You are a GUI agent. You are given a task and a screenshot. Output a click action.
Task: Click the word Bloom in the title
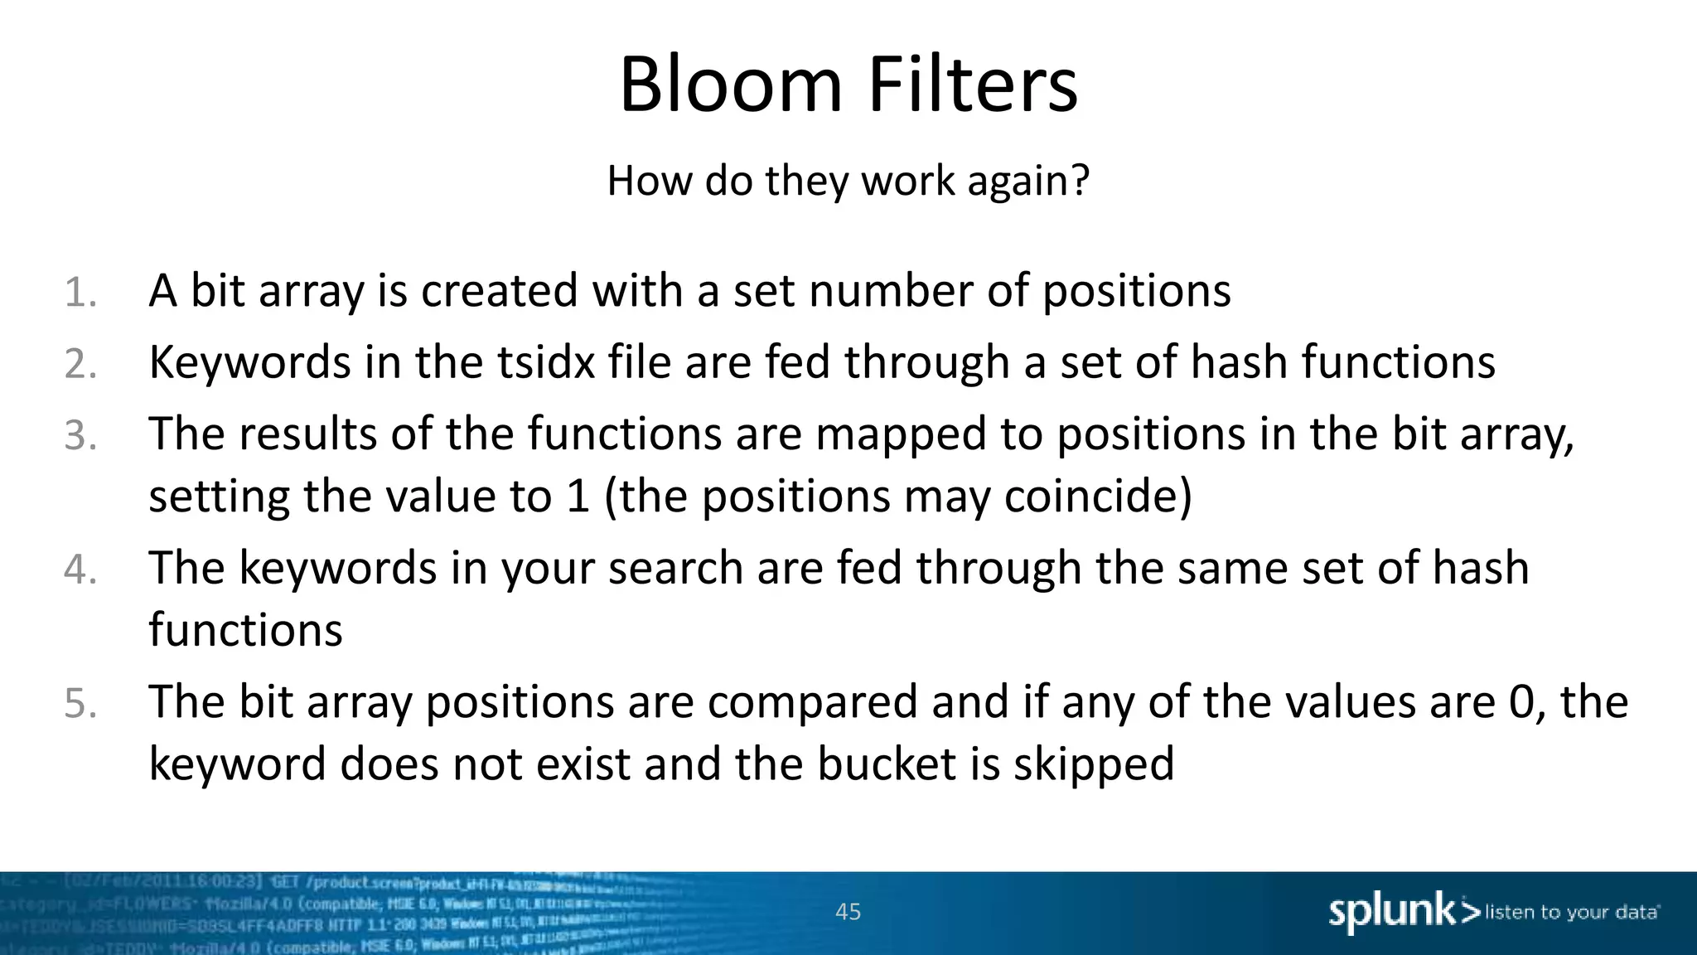coord(730,85)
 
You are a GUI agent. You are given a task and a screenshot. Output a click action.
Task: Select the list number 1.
coord(80,293)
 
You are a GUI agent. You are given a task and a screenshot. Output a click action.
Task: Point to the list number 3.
coord(80,436)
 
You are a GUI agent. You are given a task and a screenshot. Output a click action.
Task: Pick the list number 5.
coord(80,704)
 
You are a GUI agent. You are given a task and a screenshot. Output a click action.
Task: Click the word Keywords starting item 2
coord(249,363)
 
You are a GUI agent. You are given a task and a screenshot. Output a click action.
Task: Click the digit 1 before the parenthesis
coord(578,496)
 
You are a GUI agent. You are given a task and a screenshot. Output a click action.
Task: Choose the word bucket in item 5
coord(887,764)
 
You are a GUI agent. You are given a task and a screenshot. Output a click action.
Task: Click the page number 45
coord(848,912)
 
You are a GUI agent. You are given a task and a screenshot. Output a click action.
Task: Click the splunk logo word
coord(1391,912)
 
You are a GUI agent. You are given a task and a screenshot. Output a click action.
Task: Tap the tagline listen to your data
coord(1571,913)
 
